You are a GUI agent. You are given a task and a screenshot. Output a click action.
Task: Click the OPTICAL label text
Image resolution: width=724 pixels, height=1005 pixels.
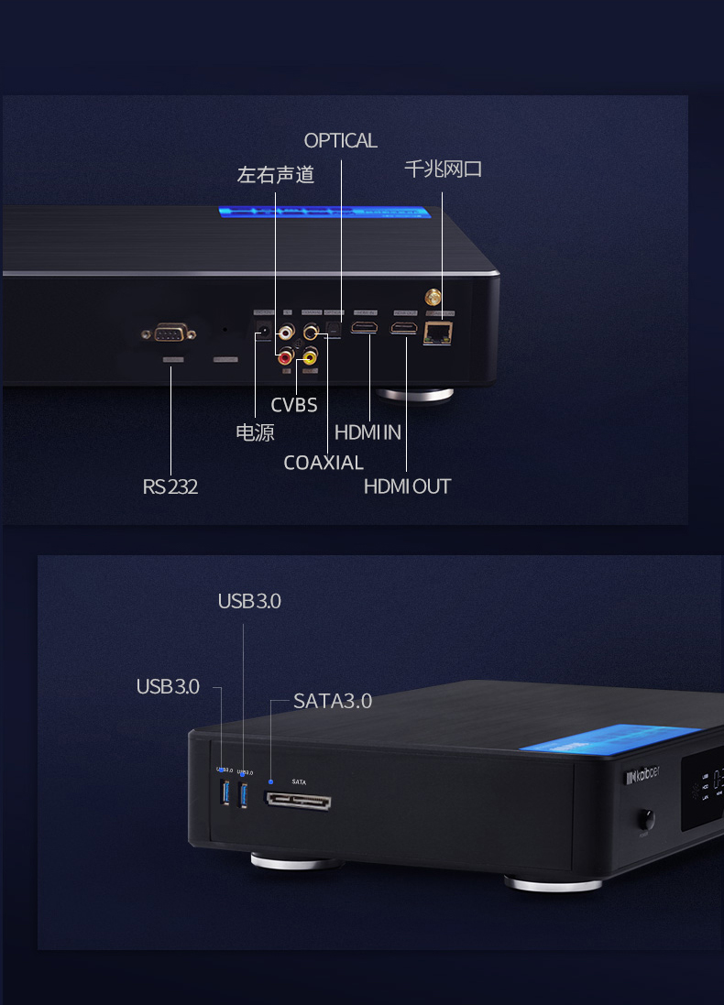(340, 141)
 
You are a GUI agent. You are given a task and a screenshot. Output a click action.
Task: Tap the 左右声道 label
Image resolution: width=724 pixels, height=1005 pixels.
(275, 174)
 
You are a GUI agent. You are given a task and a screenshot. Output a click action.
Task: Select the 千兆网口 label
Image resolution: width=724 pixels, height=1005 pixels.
(443, 169)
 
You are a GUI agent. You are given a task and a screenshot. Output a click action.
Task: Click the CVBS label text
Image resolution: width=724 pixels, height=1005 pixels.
(293, 405)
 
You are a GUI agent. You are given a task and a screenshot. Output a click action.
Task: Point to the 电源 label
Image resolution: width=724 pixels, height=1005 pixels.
(255, 432)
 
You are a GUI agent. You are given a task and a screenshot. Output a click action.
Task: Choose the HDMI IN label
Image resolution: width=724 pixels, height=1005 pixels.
(367, 432)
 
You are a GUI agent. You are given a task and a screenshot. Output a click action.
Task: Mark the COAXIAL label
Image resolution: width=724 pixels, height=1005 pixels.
(324, 463)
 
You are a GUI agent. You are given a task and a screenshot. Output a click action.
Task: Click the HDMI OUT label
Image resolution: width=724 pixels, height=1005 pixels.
(407, 486)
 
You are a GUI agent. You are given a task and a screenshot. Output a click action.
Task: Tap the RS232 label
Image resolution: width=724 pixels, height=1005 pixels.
(170, 486)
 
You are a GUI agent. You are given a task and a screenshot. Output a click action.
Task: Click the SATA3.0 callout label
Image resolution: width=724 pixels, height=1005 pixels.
(333, 702)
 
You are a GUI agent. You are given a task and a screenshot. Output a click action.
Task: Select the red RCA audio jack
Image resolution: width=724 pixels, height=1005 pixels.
(287, 354)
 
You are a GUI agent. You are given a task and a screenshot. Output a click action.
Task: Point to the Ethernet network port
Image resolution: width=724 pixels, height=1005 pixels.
(438, 333)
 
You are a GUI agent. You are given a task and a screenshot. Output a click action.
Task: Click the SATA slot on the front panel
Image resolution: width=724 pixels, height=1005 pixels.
(298, 801)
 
